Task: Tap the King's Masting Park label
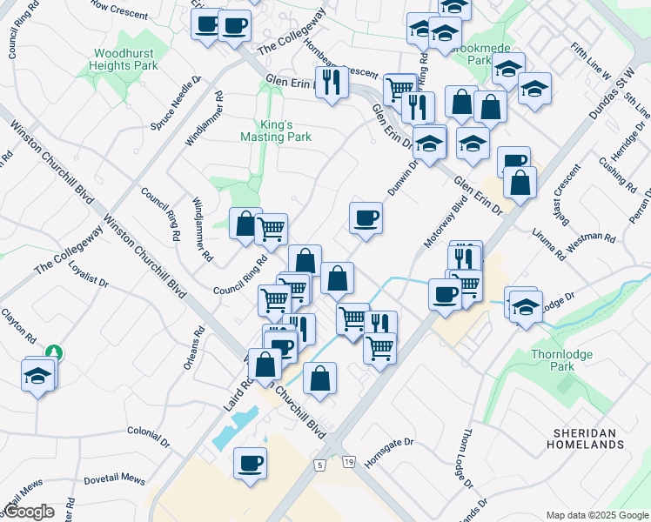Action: point(276,130)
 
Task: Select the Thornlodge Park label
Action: point(554,360)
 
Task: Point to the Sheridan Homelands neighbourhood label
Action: point(590,438)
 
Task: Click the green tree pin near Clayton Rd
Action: point(54,352)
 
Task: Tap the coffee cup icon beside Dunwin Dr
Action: point(366,217)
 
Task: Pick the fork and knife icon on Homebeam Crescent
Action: point(332,83)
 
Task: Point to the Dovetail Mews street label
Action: point(115,478)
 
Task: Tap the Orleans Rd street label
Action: point(194,348)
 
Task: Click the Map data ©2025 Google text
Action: point(597,515)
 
